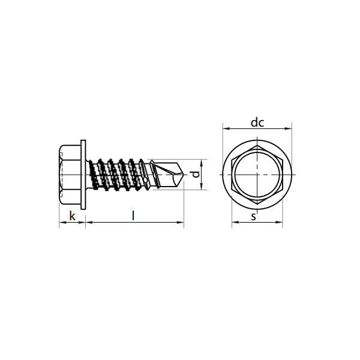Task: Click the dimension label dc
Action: [257, 122]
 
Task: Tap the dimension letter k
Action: [73, 216]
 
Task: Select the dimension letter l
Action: [133, 216]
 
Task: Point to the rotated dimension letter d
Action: [196, 175]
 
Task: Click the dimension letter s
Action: [253, 217]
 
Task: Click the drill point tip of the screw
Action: [184, 175]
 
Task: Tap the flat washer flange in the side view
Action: [83, 175]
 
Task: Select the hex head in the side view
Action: [70, 175]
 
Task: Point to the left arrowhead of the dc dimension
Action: [226, 128]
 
